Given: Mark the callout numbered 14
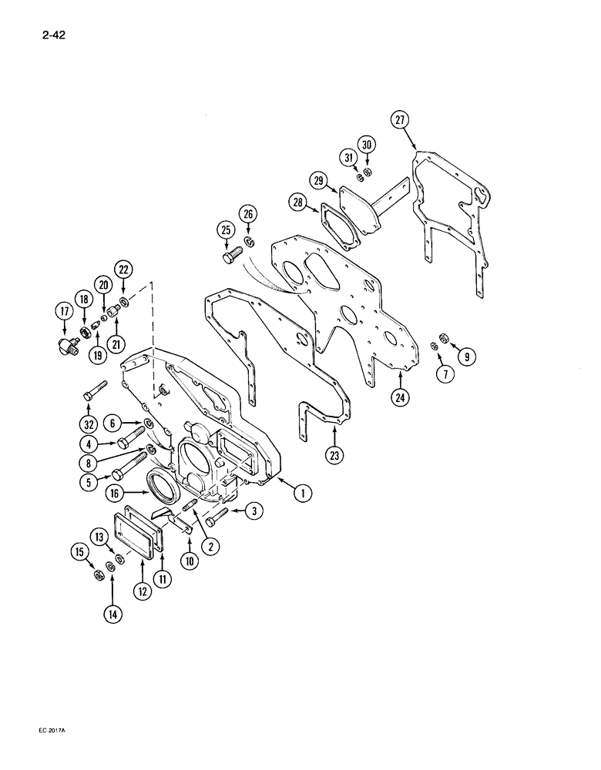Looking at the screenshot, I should point(112,591).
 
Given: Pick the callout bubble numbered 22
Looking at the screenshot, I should point(124,269).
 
